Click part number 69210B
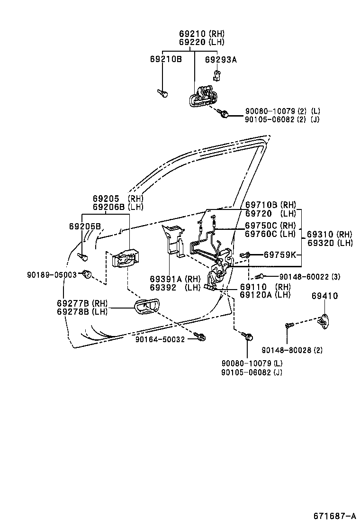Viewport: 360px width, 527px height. (x=166, y=59)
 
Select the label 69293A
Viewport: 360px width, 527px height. (x=221, y=59)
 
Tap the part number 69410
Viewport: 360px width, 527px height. (x=325, y=296)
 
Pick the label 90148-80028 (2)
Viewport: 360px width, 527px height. (x=292, y=350)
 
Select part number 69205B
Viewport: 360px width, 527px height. (x=85, y=227)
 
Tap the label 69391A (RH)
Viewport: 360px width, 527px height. (x=175, y=279)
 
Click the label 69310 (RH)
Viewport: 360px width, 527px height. (x=330, y=235)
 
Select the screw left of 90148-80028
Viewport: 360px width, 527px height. (x=289, y=325)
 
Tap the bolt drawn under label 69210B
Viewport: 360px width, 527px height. (x=162, y=93)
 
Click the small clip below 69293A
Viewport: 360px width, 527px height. (x=216, y=74)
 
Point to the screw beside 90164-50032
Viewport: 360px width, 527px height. (x=201, y=337)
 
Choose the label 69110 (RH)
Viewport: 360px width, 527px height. (x=265, y=287)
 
